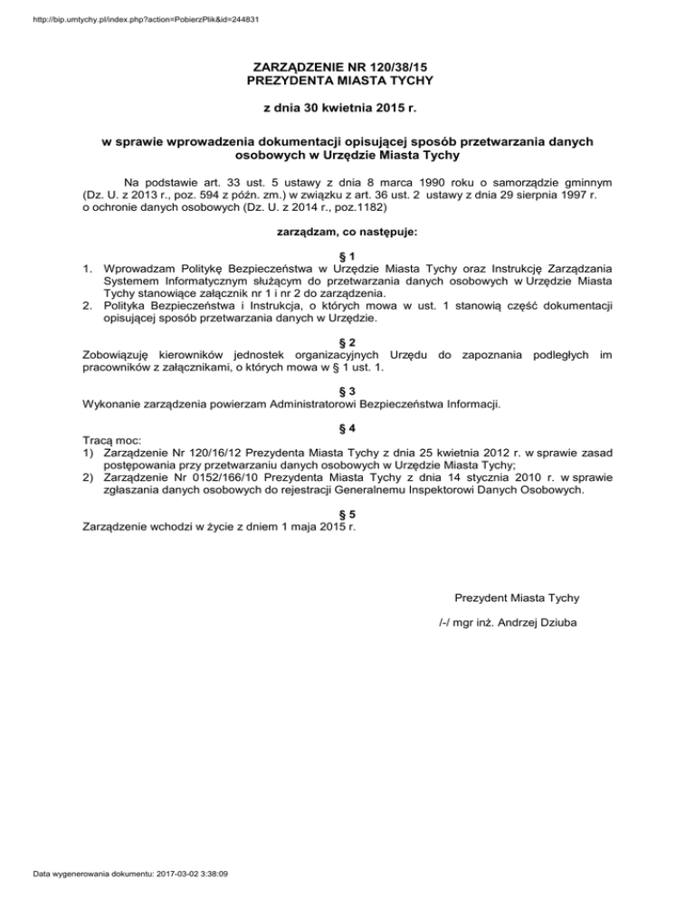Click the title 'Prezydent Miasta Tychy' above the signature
tap(518, 597)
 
